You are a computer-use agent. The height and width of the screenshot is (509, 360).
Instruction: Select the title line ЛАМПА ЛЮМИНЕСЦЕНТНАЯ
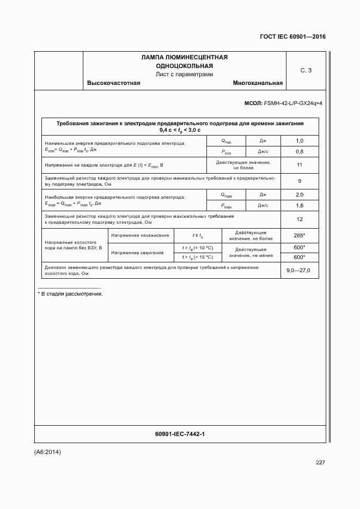184,57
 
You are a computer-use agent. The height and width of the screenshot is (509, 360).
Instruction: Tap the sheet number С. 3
306,70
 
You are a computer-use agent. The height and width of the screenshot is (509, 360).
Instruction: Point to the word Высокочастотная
114,83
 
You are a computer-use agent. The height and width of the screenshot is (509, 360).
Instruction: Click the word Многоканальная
258,83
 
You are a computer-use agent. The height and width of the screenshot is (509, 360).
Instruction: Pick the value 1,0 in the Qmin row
299,141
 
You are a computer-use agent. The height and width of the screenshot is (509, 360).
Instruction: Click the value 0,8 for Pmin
299,151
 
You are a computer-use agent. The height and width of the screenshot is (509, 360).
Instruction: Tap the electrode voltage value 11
299,165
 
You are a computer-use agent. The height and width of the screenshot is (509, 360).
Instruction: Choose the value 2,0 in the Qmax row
299,194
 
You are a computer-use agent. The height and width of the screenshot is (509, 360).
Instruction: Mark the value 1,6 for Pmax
299,205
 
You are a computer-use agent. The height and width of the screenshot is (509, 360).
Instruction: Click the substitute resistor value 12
299,219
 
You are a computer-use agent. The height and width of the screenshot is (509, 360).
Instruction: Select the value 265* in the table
299,235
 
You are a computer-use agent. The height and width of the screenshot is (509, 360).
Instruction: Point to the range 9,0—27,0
298,270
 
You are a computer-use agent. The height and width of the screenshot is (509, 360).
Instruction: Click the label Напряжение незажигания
141,235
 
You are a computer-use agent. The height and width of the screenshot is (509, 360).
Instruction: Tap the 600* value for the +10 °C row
299,248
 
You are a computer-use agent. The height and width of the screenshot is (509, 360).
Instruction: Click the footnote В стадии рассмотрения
70,294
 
